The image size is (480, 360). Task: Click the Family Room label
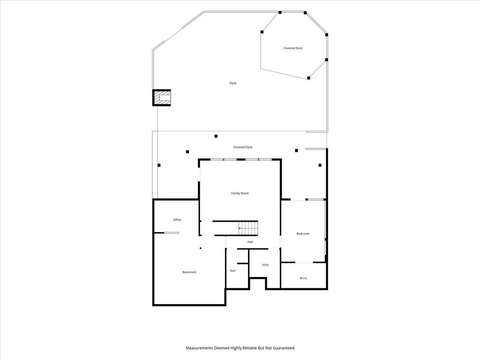coord(240,193)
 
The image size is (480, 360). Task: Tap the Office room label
coord(177,220)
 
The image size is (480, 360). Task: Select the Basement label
coord(189,272)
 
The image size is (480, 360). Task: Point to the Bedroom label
coord(303,233)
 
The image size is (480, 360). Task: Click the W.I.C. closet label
coord(303,278)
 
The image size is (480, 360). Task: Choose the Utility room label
coord(265,265)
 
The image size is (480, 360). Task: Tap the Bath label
coord(233,270)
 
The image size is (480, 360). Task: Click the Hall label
coord(250,242)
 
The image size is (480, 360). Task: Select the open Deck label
coord(233,83)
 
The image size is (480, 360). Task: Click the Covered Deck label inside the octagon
coord(293,48)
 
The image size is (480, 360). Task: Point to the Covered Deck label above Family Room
coord(243,147)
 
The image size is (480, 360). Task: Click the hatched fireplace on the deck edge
coord(162,97)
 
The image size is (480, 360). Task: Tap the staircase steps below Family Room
coord(248,228)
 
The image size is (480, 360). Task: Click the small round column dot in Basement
coord(201,248)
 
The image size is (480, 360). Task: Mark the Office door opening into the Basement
coord(172,233)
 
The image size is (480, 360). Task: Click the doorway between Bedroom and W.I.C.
coord(304,262)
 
